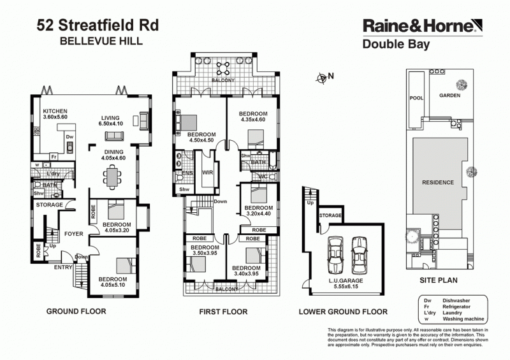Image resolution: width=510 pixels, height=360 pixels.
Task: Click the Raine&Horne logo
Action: click(x=419, y=25)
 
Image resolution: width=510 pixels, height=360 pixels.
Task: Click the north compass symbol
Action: click(x=322, y=78)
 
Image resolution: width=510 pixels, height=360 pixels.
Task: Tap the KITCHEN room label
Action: click(x=55, y=111)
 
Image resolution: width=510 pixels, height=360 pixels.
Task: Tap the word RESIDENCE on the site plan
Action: click(x=439, y=182)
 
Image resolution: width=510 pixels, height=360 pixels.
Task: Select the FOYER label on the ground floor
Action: click(x=74, y=234)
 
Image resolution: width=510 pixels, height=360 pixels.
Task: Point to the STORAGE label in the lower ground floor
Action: click(x=331, y=216)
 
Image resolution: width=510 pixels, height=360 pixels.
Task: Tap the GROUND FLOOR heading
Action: click(x=76, y=312)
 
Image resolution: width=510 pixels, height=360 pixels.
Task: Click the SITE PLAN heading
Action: click(x=439, y=280)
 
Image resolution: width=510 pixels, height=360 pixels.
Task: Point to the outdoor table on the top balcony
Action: click(x=224, y=69)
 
